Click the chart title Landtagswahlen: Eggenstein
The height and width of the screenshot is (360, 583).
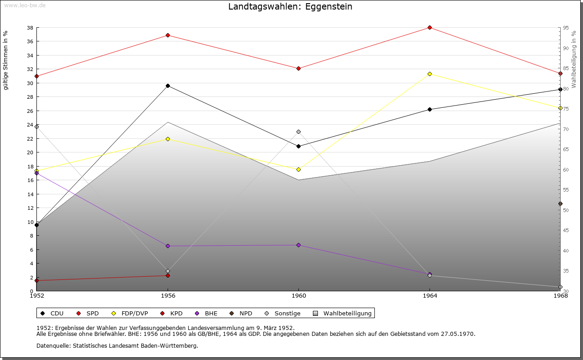click(x=290, y=7)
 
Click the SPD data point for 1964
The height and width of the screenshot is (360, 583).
click(x=430, y=28)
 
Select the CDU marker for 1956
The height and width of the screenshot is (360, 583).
click(x=168, y=86)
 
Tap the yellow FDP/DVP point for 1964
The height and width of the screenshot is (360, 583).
click(x=430, y=74)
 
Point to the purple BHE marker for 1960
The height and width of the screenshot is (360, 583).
click(x=298, y=245)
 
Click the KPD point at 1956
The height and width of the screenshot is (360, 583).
click(x=168, y=275)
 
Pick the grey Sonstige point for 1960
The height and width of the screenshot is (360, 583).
click(x=298, y=132)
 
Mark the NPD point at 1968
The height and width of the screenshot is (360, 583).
click(x=560, y=203)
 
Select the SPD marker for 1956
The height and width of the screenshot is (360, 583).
click(x=168, y=35)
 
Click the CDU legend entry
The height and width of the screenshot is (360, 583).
click(x=52, y=314)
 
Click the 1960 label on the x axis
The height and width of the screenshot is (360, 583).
click(x=298, y=296)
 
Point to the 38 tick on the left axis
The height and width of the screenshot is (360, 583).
click(x=30, y=28)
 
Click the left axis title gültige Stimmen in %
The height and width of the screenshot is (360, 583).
click(x=6, y=61)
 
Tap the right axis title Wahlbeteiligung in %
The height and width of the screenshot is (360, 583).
click(x=574, y=59)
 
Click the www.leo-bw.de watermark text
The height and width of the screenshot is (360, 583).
click(x=24, y=5)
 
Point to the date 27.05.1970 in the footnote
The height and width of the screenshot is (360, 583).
click(x=457, y=334)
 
